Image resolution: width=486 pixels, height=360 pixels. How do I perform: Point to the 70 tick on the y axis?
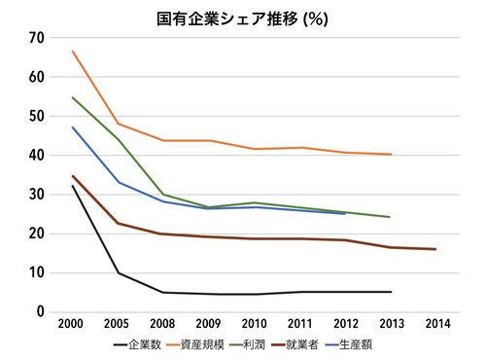click(x=37, y=37)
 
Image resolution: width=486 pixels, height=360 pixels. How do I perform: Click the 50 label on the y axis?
click(x=37, y=116)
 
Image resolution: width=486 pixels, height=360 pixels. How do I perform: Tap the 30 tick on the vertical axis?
click(x=37, y=195)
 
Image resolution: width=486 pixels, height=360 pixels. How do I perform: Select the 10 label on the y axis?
click(x=37, y=272)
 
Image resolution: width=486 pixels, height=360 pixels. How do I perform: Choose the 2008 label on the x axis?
click(x=163, y=325)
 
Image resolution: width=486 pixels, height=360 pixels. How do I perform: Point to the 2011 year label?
click(x=299, y=325)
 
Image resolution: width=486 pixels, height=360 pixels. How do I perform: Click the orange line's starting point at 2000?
click(x=73, y=51)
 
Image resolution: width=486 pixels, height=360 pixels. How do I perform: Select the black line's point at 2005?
click(x=119, y=272)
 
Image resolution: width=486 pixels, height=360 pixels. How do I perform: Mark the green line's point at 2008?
click(x=163, y=195)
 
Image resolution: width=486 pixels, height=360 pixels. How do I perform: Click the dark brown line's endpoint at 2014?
click(x=434, y=249)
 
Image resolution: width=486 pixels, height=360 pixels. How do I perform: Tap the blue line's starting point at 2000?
click(x=73, y=127)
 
